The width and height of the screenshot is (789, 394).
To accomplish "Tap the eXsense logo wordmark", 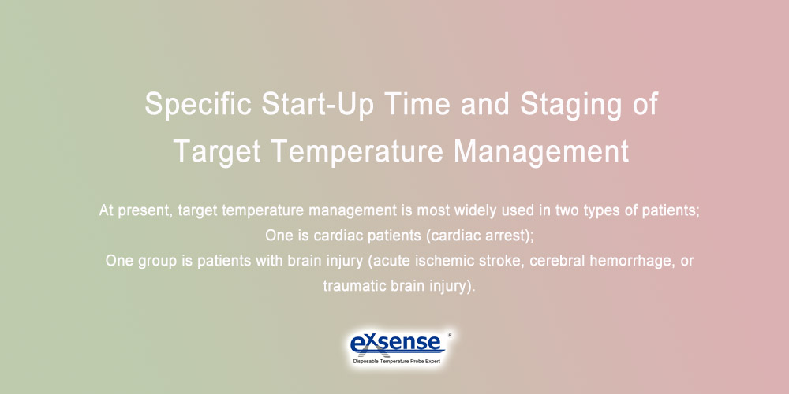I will click(x=396, y=344).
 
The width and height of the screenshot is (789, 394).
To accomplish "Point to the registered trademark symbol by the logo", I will click(x=449, y=335).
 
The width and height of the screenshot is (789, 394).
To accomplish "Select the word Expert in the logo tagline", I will click(x=431, y=362).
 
